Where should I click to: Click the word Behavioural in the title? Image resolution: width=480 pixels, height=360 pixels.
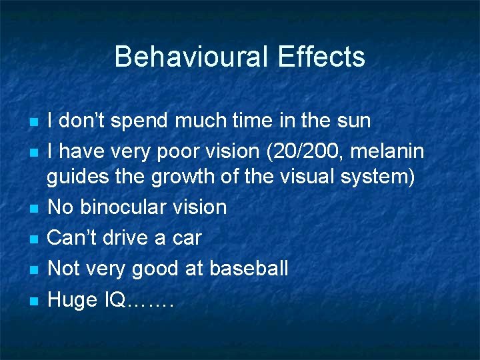coord(191,57)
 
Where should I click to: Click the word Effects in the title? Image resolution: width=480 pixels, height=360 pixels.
coord(321,57)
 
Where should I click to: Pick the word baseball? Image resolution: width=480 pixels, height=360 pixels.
coord(249,269)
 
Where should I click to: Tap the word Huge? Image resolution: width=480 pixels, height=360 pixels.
coord(72,300)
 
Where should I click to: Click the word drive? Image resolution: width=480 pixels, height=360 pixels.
coord(129,238)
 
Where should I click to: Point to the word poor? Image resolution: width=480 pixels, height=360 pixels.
coord(187,151)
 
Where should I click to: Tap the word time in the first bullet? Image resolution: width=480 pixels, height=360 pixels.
coord(257,121)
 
